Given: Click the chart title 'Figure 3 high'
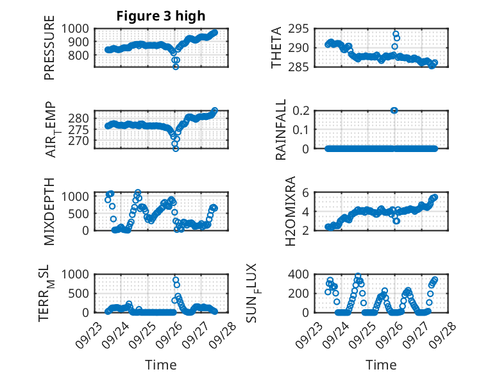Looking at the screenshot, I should [161, 15].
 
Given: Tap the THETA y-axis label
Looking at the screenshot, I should [276, 48].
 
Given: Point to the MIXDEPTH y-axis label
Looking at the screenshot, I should [49, 211].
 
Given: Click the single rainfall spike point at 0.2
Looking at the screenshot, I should [394, 110].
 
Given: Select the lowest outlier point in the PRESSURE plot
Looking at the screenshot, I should [176, 67].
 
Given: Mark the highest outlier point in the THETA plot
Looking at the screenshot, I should [396, 34].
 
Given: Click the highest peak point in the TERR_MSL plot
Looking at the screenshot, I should [176, 280].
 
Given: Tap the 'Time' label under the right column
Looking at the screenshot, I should [381, 364].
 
